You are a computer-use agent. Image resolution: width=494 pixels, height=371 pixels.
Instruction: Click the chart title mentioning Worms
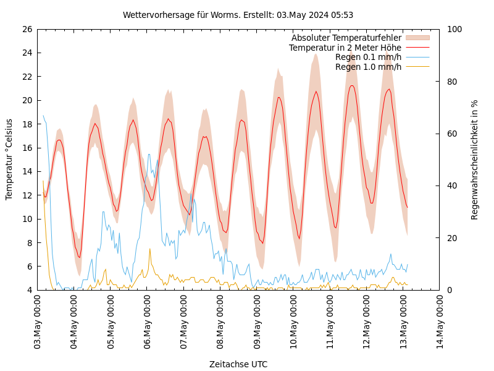pos(238,15)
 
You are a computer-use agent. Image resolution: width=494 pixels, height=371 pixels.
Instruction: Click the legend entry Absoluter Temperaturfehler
pos(346,38)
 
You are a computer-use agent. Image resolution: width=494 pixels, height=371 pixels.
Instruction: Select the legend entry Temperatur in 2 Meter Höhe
pos(345,48)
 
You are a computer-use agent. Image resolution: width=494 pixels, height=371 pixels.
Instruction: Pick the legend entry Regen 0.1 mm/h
pos(368,57)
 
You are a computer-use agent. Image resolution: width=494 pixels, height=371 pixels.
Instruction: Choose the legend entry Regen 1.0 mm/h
pos(368,67)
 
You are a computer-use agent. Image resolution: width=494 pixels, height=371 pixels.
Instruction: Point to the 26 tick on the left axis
pos(27,29)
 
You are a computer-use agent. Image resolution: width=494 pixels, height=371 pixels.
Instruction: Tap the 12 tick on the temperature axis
pos(27,195)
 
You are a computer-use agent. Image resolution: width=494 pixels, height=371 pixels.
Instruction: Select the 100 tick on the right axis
pos(455,29)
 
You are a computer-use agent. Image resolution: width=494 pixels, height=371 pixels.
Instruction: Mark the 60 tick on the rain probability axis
pos(453,134)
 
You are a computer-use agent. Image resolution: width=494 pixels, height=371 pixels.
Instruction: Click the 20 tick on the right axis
pos(453,238)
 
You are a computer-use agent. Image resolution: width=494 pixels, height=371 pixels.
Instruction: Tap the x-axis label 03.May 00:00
pos(37,322)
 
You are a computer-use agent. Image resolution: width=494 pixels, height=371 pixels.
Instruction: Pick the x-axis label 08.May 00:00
pos(220,322)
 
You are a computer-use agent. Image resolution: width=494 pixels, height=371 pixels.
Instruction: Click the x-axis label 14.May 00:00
pos(440,322)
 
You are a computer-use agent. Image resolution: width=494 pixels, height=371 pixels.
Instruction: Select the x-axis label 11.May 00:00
pos(330,322)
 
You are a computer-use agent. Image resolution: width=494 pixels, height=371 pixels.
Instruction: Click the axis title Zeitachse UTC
pos(238,364)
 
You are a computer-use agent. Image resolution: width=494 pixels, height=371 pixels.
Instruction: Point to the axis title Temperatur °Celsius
pos(9,159)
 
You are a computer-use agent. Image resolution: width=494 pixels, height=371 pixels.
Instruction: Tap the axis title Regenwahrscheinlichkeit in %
pos(475,160)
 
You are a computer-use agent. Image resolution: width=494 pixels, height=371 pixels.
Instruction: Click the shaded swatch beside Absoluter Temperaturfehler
pos(417,38)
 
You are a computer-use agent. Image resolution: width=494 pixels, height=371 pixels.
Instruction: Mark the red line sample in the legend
pos(417,48)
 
